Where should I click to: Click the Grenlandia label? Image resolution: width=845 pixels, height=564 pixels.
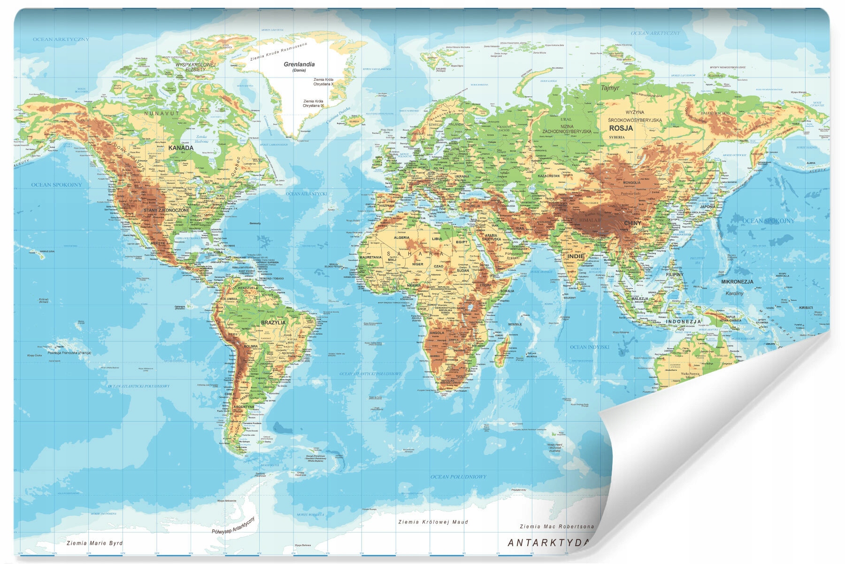pyautogui.click(x=299, y=64)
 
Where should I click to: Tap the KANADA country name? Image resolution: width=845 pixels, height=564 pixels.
pyautogui.click(x=181, y=148)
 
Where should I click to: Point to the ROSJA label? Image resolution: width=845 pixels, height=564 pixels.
pyautogui.click(x=621, y=128)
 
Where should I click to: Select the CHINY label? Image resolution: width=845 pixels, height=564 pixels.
pyautogui.click(x=632, y=223)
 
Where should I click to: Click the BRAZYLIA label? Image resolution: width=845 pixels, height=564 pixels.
pyautogui.click(x=273, y=323)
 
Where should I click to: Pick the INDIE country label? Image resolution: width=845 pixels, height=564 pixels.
pyautogui.click(x=576, y=256)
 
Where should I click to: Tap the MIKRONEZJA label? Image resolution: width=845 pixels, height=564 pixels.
pyautogui.click(x=737, y=282)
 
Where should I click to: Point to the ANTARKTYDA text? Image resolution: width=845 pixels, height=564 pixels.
pyautogui.click(x=547, y=543)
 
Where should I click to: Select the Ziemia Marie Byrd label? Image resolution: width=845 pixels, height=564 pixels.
pyautogui.click(x=94, y=543)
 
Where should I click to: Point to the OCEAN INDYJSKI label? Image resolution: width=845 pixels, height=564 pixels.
pyautogui.click(x=589, y=347)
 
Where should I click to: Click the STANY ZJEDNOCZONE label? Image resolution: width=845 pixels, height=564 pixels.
pyautogui.click(x=167, y=210)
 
